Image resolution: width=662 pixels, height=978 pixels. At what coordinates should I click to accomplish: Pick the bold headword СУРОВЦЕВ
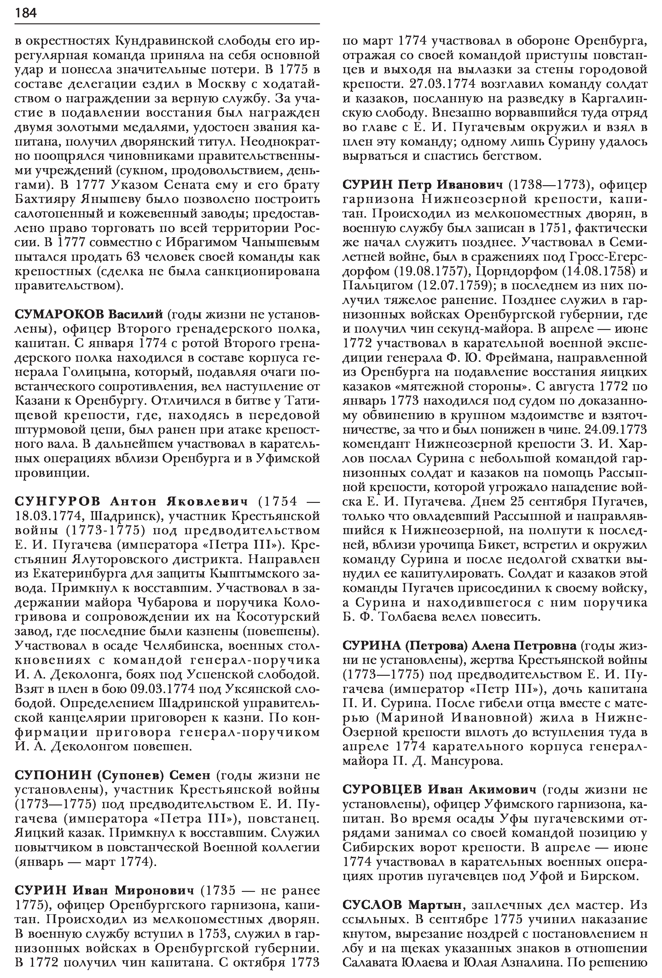(x=382, y=790)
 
